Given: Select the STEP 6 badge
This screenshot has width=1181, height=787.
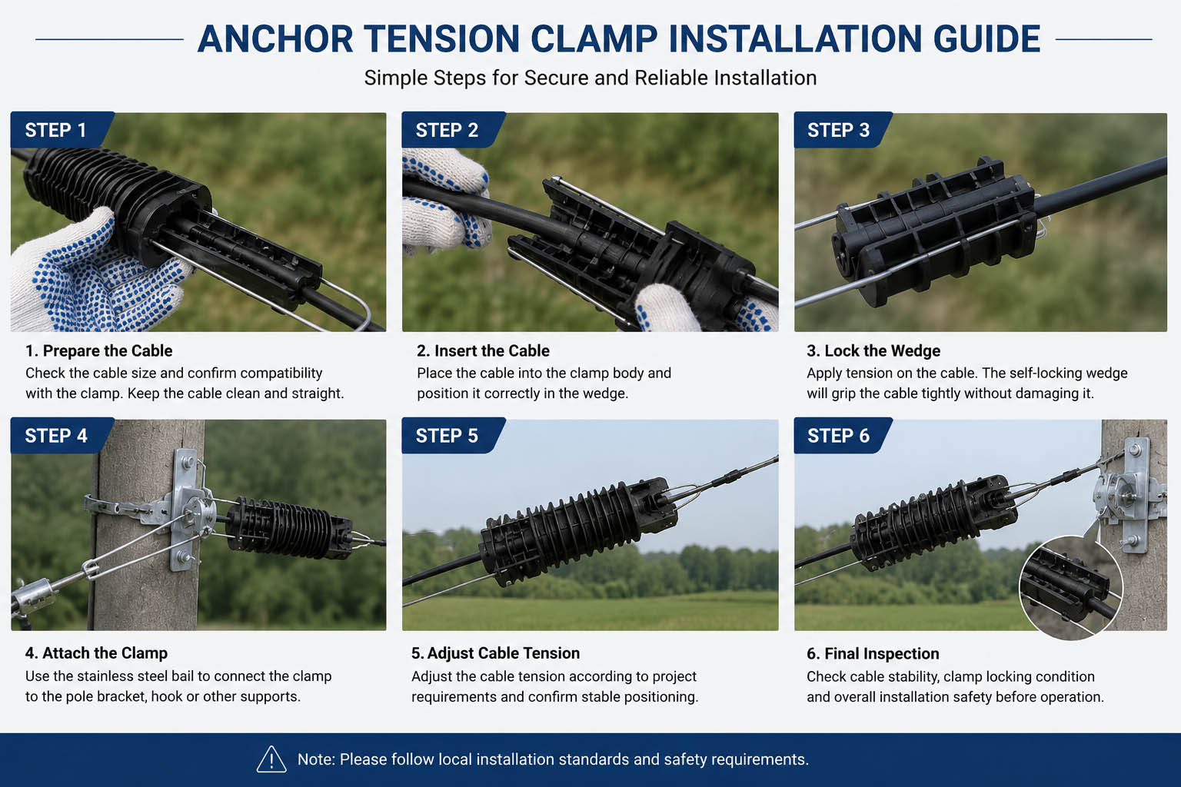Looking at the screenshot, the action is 842,436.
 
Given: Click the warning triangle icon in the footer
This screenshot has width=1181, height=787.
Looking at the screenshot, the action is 271,759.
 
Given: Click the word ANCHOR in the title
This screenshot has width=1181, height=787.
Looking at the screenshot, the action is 275,39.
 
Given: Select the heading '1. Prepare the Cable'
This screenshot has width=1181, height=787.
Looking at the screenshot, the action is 99,350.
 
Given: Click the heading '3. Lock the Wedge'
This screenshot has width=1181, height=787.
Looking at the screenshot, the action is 873,350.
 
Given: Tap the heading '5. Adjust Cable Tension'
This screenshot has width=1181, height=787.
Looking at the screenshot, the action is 495,653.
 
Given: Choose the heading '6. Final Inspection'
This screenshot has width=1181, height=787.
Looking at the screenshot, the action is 873,653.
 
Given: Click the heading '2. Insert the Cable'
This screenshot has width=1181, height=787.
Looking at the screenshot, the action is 483,350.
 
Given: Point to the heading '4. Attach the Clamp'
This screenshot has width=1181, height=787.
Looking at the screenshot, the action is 96,653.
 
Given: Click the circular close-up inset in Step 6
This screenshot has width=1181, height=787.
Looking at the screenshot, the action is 1071,588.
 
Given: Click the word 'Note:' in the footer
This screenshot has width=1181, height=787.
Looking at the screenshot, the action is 316,759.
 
